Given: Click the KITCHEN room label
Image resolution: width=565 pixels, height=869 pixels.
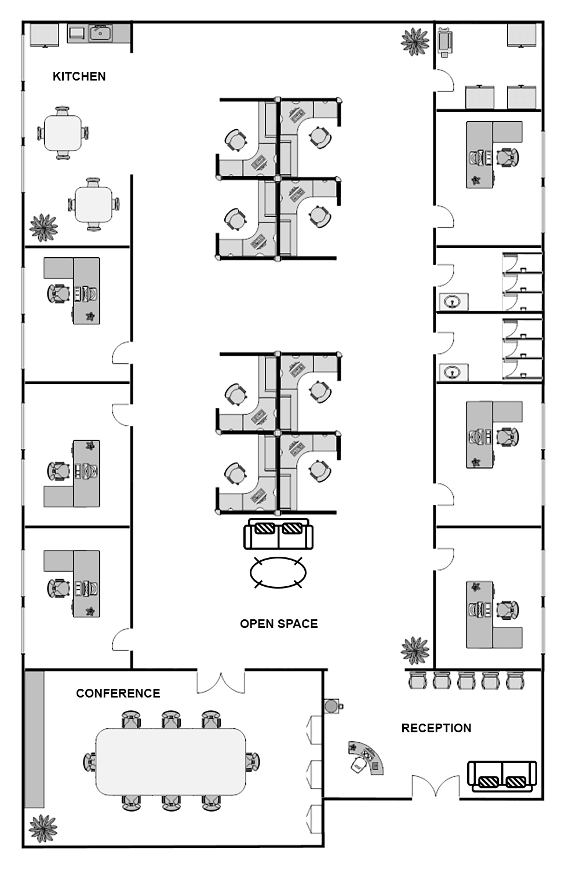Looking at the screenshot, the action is click(x=79, y=76).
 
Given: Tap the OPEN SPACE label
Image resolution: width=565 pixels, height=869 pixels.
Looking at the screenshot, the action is click(x=279, y=624).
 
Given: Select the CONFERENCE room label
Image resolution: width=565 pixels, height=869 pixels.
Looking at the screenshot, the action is click(x=118, y=693).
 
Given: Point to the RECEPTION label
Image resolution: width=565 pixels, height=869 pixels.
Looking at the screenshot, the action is click(x=436, y=728).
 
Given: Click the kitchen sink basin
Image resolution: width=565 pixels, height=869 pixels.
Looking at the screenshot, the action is click(x=101, y=34).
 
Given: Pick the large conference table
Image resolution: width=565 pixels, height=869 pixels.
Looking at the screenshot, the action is click(x=171, y=761).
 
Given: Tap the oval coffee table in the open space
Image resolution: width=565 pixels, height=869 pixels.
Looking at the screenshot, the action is click(x=278, y=572).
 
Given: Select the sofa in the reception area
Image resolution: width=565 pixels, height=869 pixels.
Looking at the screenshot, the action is click(x=502, y=776).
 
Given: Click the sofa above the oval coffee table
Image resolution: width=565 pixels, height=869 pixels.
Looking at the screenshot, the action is click(x=278, y=534).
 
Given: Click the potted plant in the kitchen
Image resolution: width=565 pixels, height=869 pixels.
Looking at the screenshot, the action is click(x=43, y=228).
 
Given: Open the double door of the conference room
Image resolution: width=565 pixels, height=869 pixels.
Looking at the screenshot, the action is click(x=221, y=682).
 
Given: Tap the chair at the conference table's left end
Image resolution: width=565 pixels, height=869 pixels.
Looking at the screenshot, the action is click(x=90, y=762).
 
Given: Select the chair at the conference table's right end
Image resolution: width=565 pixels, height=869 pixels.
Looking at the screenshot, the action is click(x=253, y=762).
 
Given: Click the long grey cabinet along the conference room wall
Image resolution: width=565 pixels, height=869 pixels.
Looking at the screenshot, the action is click(x=35, y=739).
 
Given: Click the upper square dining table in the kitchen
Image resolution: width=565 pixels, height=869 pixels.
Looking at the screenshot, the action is click(x=63, y=133).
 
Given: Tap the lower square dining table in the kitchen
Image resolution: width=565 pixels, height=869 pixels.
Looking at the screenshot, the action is click(x=94, y=205).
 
